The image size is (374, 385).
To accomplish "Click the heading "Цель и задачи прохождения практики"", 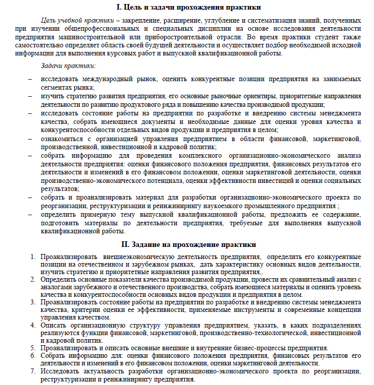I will click(x=193, y=7).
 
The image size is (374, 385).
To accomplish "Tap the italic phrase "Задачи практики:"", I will click(x=68, y=66).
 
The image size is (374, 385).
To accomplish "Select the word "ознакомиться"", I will click(x=63, y=139).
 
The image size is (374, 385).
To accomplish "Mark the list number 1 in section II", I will click(x=33, y=257).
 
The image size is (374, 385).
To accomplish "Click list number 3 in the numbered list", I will click(x=33, y=302).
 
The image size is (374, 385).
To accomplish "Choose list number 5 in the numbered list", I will click(x=33, y=348).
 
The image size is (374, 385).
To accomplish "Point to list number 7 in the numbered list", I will click(x=33, y=371).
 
